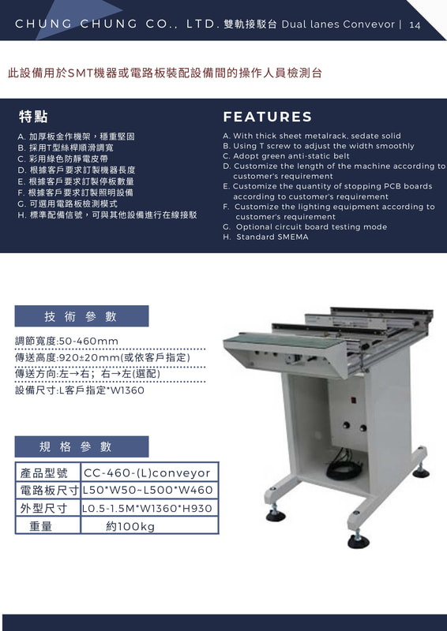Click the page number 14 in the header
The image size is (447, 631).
pyautogui.click(x=415, y=25)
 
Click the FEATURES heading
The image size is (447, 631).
pyautogui.click(x=268, y=117)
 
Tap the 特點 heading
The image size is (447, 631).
pyautogui.click(x=33, y=117)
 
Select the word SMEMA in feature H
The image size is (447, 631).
pyautogui.click(x=293, y=237)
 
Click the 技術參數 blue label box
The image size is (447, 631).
pyautogui.click(x=81, y=316)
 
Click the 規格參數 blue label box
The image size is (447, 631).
pyautogui.click(x=81, y=446)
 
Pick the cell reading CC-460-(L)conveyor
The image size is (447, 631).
pyautogui.click(x=149, y=472)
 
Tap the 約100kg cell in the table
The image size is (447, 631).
pyautogui.click(x=149, y=526)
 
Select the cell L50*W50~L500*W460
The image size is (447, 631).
pyautogui.click(x=149, y=490)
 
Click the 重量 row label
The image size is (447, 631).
pyautogui.click(x=41, y=526)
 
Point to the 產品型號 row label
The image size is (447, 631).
pyautogui.click(x=44, y=472)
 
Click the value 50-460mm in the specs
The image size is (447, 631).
pyautogui.click(x=88, y=342)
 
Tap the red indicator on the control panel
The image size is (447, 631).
pyautogui.click(x=353, y=400)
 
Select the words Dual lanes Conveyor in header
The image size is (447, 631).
pyautogui.click(x=338, y=24)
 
